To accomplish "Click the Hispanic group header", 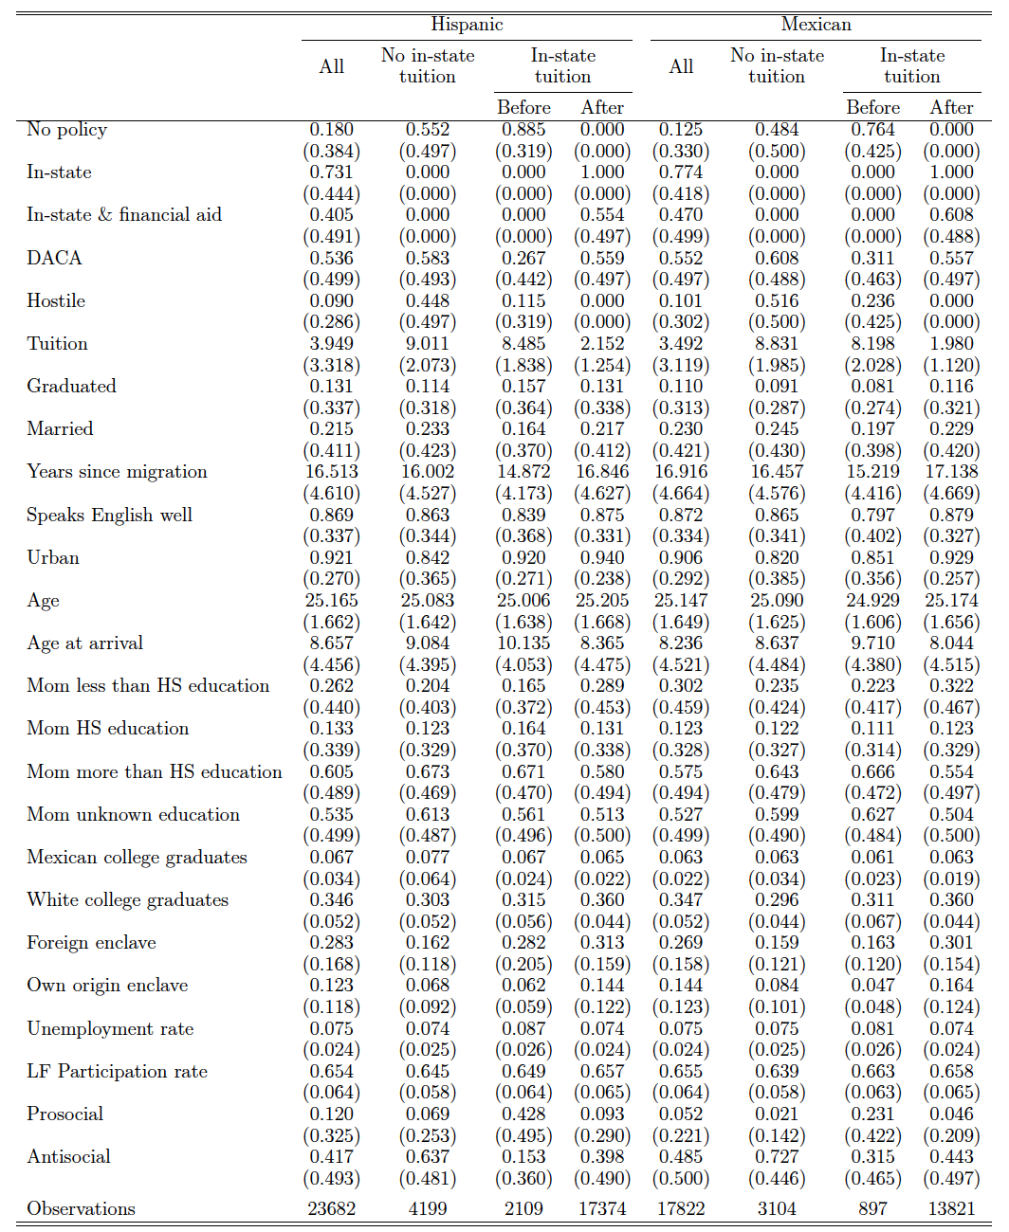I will tap(467, 25).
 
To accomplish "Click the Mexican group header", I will tap(816, 25).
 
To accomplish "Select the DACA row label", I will tap(54, 258).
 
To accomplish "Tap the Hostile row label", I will tap(56, 300).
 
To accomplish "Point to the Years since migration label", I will tap(117, 472).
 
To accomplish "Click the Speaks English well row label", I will tap(109, 515).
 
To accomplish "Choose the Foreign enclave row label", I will tap(91, 943).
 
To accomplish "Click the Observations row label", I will tap(81, 1208).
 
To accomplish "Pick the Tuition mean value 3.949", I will tap(331, 343).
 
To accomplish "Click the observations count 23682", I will tap(331, 1208).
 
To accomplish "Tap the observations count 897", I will tap(872, 1208).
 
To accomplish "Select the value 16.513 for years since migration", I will tap(331, 472).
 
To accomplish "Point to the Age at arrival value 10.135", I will tap(523, 643).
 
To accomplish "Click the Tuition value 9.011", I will tap(427, 343).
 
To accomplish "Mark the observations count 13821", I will tap(951, 1208).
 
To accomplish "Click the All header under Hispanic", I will tap(331, 66).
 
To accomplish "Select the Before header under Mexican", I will tap(872, 107).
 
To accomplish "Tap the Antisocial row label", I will tap(68, 1156).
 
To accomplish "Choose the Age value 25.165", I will tap(331, 600).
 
